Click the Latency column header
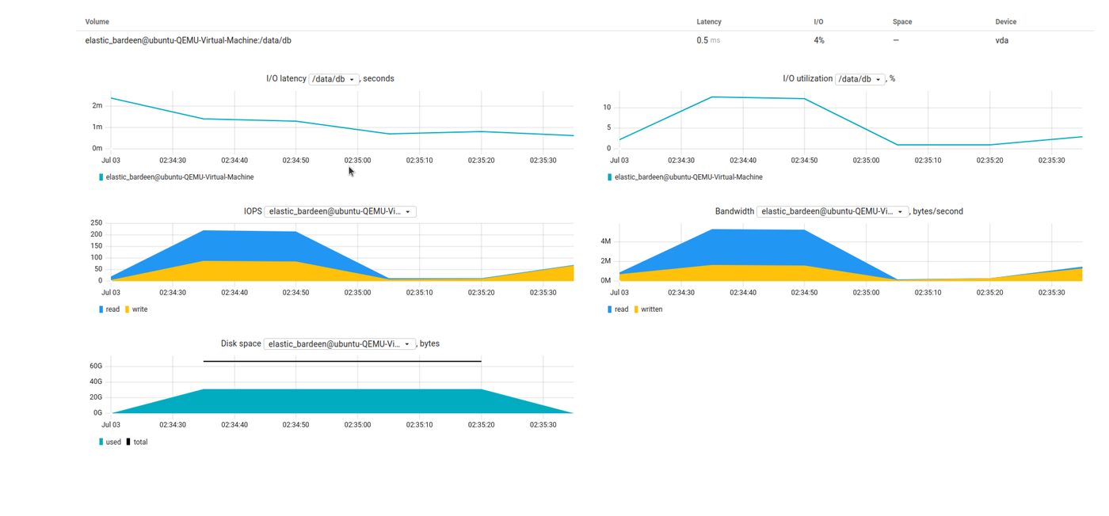point(708,21)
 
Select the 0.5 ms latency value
point(708,40)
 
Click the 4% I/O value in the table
point(818,40)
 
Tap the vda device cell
point(1001,40)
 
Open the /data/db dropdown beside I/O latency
point(333,79)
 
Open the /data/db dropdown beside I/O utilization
point(859,79)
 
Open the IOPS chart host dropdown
point(340,211)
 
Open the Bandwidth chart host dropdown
point(832,211)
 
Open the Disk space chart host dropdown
point(339,344)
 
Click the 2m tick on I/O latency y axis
point(97,105)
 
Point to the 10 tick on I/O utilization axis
point(606,108)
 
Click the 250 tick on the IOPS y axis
point(96,223)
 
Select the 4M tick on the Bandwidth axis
point(605,241)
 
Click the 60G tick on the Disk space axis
point(96,366)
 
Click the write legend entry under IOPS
point(139,309)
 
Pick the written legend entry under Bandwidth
point(651,309)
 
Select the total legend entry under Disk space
point(140,442)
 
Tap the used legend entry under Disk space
point(113,442)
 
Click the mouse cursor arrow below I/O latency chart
point(351,170)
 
